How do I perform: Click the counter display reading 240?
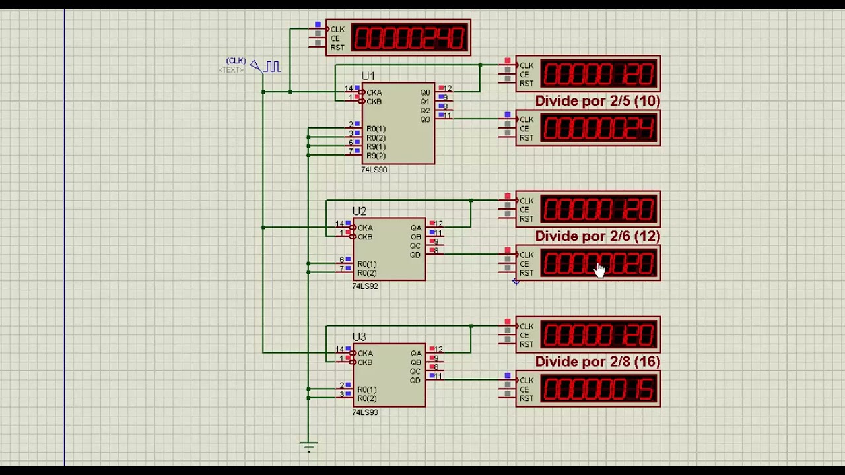coord(409,38)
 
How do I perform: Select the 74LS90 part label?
coord(374,170)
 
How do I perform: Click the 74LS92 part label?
coord(365,286)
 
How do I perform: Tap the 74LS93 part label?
coord(365,412)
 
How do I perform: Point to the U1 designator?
coord(368,77)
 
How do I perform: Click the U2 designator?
coord(359,212)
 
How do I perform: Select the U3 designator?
coord(359,337)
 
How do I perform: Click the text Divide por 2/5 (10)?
coord(597,101)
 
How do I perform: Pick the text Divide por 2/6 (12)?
coord(597,236)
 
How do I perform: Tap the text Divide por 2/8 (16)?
coord(597,362)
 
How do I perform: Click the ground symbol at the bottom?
coord(308,447)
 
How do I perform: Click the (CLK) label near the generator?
coord(236,61)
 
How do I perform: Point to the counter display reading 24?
coord(599,129)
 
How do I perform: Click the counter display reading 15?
coord(599,389)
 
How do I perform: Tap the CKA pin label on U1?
coord(374,93)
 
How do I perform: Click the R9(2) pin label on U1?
coord(376,156)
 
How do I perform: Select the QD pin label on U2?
coord(415,255)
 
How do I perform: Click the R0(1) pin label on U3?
coord(367,390)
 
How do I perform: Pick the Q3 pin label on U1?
coord(424,120)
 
